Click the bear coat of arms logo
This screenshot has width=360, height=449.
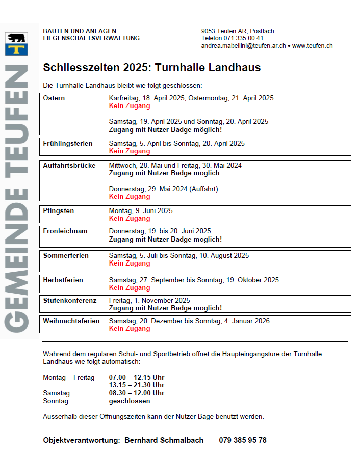tap(15, 44)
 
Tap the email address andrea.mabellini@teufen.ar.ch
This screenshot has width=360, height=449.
tap(243, 46)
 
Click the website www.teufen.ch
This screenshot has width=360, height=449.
tap(312, 46)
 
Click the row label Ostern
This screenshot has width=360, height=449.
tap(54, 98)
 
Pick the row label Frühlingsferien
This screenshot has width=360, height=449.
tap(68, 144)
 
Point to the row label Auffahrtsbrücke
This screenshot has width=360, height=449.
tap(69, 166)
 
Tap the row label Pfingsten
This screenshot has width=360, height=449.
tap(59, 210)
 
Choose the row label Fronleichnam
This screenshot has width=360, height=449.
tap(65, 231)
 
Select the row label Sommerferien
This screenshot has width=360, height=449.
tap(66, 256)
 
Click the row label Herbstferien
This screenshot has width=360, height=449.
tap(63, 280)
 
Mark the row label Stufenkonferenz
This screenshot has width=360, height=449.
tap(70, 301)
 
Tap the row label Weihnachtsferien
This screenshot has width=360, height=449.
tap(71, 321)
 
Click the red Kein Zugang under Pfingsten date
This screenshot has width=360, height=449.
tap(130, 219)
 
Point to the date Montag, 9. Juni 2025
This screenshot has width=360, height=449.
tap(141, 210)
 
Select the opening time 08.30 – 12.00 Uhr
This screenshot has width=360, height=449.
tap(137, 393)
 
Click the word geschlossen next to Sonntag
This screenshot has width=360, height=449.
tap(130, 401)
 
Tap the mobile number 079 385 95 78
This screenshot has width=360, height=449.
tap(243, 440)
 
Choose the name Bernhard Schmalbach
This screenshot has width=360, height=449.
tap(164, 440)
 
